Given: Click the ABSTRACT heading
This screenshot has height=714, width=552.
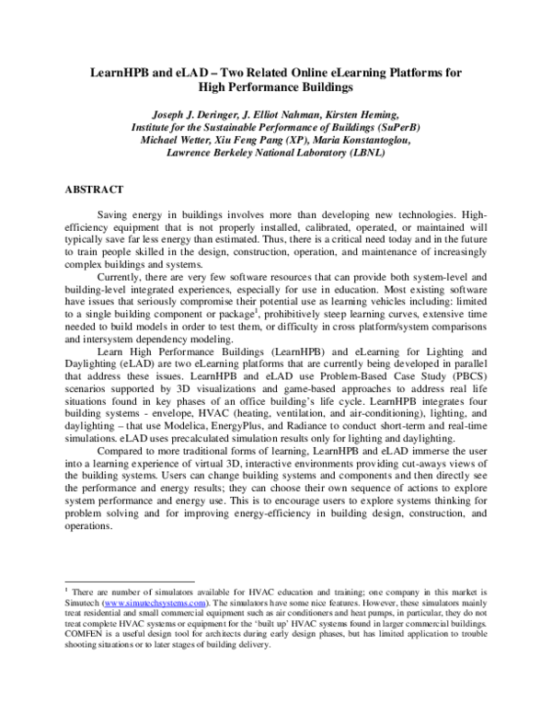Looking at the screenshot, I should (x=92, y=189).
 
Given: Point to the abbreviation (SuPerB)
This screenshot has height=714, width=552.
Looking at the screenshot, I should (x=381, y=127).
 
